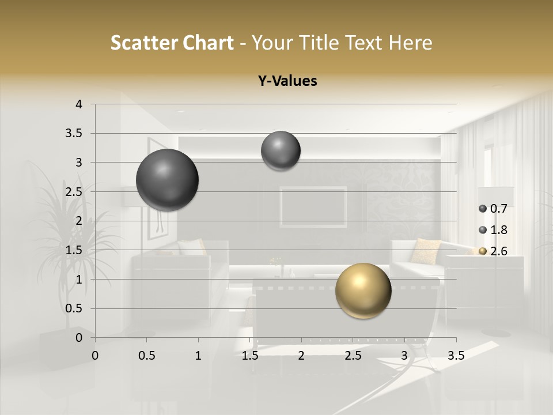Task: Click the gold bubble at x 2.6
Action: tap(363, 290)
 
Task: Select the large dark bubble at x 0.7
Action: tap(168, 180)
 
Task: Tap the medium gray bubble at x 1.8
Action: tap(281, 150)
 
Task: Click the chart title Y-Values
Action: tap(287, 81)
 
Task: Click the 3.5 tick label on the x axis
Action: tap(456, 356)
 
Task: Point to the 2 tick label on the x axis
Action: tap(301, 356)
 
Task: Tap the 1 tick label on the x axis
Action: tap(198, 356)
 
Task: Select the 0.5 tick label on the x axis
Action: tap(147, 356)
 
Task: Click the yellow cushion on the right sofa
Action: tap(426, 251)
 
